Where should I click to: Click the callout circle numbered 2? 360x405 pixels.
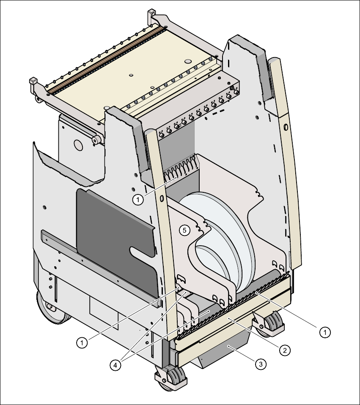click(x=285, y=350)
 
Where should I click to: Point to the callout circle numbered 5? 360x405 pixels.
click(x=183, y=230)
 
